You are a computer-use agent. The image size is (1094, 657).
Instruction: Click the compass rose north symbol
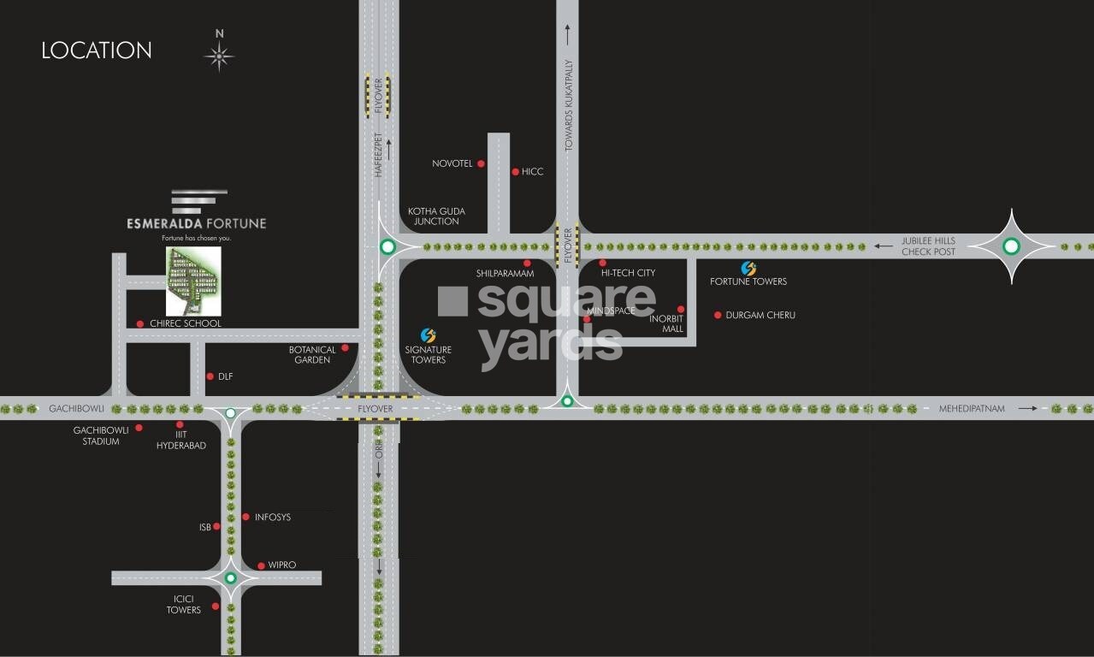[219, 56]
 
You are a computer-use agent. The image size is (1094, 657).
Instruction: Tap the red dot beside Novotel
[481, 163]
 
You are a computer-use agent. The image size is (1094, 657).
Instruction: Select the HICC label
[532, 172]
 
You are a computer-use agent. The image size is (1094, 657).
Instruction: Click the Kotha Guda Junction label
[436, 216]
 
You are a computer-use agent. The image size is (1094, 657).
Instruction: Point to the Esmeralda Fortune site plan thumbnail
[193, 281]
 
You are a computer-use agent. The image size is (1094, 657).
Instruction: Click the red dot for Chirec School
[140, 323]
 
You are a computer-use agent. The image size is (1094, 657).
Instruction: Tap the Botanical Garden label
[312, 355]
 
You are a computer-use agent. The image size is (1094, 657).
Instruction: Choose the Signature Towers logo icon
[429, 335]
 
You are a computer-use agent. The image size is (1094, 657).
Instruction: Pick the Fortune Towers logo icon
[748, 269]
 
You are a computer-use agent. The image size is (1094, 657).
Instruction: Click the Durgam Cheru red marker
[718, 316]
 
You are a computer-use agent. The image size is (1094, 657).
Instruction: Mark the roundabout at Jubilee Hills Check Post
[1011, 246]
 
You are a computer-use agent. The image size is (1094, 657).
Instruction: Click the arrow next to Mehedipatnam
[1027, 409]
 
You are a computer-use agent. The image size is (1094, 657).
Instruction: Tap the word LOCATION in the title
[97, 50]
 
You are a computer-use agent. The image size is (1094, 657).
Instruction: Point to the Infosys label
[273, 518]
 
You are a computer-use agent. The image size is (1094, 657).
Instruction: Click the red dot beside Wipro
[261, 565]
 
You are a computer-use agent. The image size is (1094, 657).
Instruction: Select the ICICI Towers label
[184, 605]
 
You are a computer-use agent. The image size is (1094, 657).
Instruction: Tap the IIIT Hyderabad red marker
[180, 424]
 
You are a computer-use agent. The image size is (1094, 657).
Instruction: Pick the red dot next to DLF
[210, 376]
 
